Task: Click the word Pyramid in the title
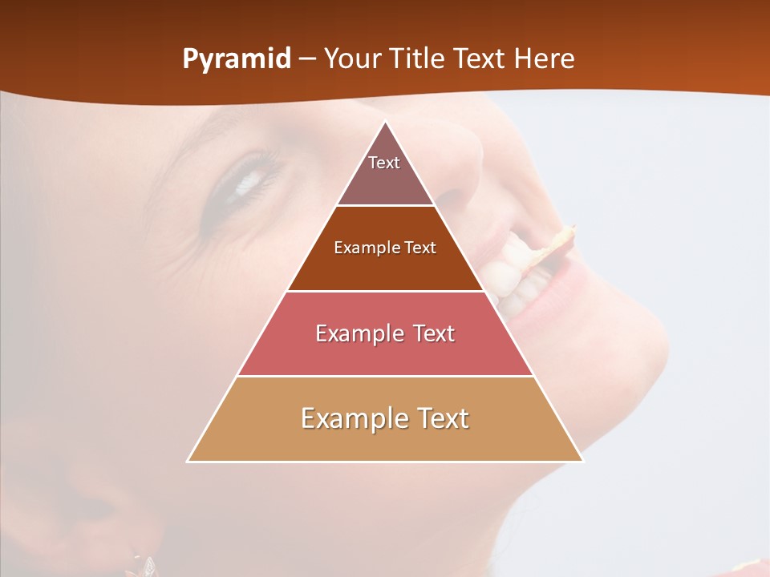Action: click(237, 59)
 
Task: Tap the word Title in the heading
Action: click(421, 59)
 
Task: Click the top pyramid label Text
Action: click(384, 163)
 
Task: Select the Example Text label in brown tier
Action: click(385, 248)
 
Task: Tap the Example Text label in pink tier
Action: click(385, 333)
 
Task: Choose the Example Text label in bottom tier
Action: click(385, 418)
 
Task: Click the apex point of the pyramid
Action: click(386, 122)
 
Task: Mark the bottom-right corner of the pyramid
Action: click(582, 461)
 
